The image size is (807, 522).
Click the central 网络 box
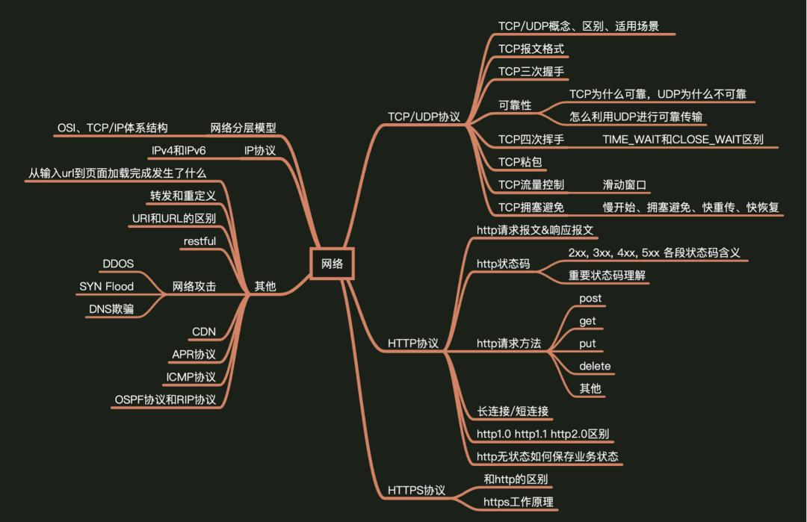pos(332,264)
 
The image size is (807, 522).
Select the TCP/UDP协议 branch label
pos(424,117)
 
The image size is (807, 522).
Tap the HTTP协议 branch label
pos(413,344)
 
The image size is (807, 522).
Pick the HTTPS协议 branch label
pos(416,490)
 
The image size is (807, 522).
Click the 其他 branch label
pos(265,286)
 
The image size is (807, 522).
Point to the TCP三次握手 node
pos(531,72)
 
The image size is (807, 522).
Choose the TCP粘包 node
pos(520,162)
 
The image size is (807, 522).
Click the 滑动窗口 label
pos(624,184)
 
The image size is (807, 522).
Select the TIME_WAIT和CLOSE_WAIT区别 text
pos(683,140)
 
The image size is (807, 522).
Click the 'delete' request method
pos(595,366)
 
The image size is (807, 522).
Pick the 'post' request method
pos(590,298)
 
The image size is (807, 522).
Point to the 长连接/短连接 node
pos(515,411)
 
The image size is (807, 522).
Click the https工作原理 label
pos(519,502)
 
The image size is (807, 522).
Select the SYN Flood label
pos(107,286)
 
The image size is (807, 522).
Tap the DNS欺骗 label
pos(111,308)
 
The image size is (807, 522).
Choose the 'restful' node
pos(200,241)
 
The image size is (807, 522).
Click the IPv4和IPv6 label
pos(179,151)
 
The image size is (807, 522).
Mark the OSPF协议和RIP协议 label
pos(165,400)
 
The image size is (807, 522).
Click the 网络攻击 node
pos(194,286)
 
